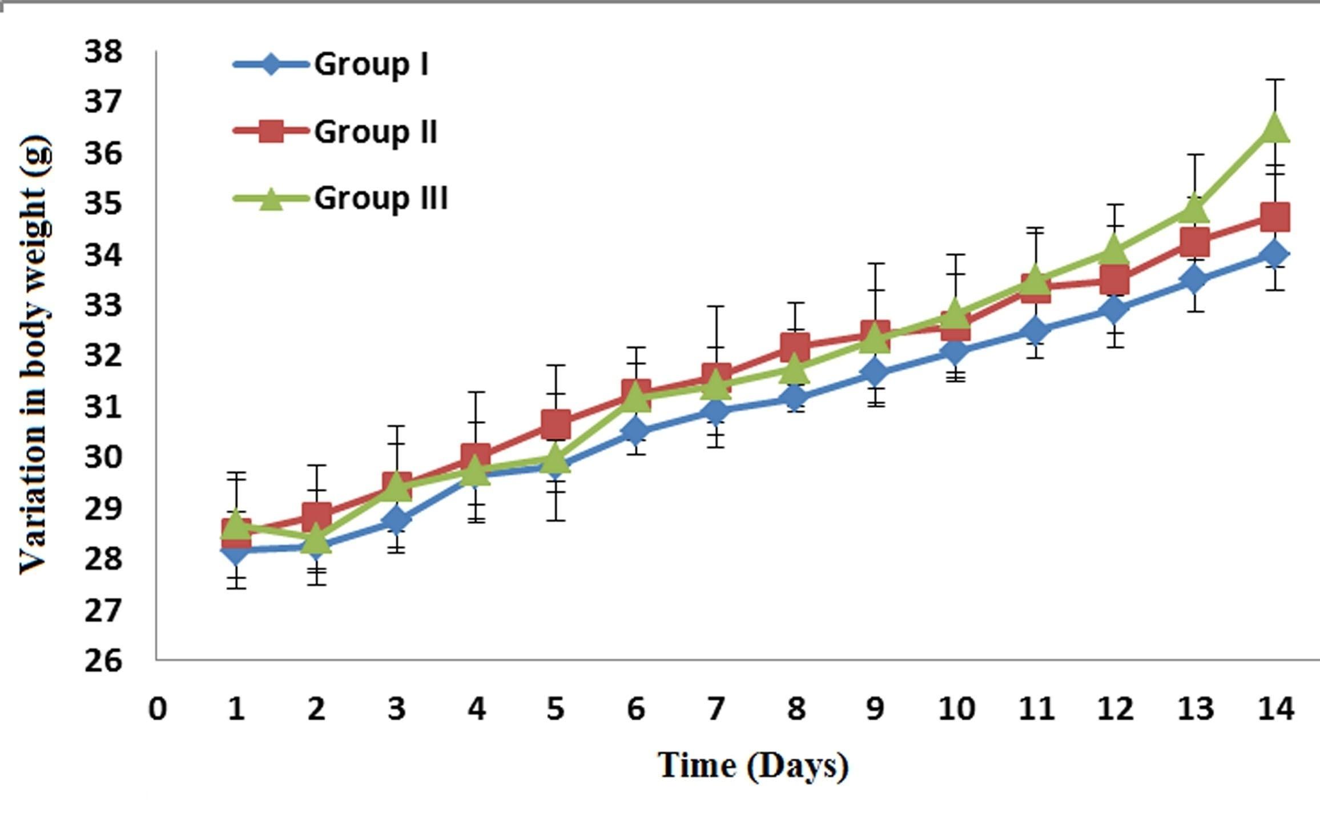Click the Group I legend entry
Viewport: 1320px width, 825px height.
371,64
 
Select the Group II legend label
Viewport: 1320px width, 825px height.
375,132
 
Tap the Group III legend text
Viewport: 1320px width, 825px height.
381,198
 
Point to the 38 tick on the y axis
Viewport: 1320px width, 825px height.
103,51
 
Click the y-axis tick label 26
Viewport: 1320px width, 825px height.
103,660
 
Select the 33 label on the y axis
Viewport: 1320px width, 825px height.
103,305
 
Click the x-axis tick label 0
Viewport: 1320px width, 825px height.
157,709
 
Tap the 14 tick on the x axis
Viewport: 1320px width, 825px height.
1275,709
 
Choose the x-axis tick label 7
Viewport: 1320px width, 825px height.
715,709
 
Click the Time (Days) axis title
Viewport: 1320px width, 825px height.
753,765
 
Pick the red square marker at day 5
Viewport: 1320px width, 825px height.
556,424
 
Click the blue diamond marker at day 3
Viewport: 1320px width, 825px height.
396,520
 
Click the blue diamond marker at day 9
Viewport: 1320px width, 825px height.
875,372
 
